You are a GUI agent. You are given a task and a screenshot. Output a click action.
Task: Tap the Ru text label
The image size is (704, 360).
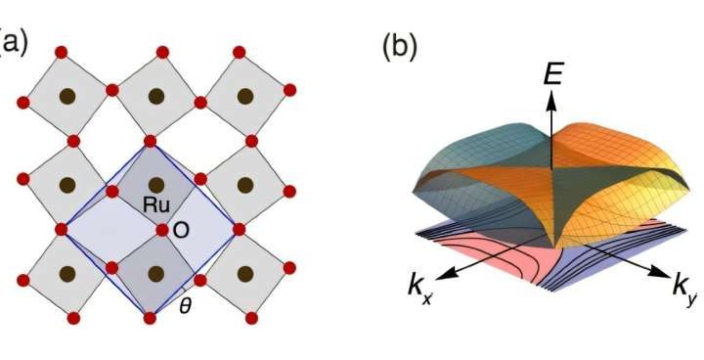(x=154, y=207)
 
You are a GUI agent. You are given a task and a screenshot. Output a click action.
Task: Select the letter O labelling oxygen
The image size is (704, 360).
(x=180, y=230)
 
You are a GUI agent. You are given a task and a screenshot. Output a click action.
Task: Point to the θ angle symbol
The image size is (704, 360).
(x=186, y=304)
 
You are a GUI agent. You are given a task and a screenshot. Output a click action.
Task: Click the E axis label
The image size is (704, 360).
(x=552, y=71)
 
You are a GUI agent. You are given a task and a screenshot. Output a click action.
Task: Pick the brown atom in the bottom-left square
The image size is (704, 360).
(x=66, y=273)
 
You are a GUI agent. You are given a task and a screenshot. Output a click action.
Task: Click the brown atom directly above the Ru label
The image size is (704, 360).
(x=156, y=185)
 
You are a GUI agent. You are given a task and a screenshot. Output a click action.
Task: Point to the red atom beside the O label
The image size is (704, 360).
(x=162, y=230)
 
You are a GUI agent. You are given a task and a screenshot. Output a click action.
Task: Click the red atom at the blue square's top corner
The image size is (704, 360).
(x=151, y=142)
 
